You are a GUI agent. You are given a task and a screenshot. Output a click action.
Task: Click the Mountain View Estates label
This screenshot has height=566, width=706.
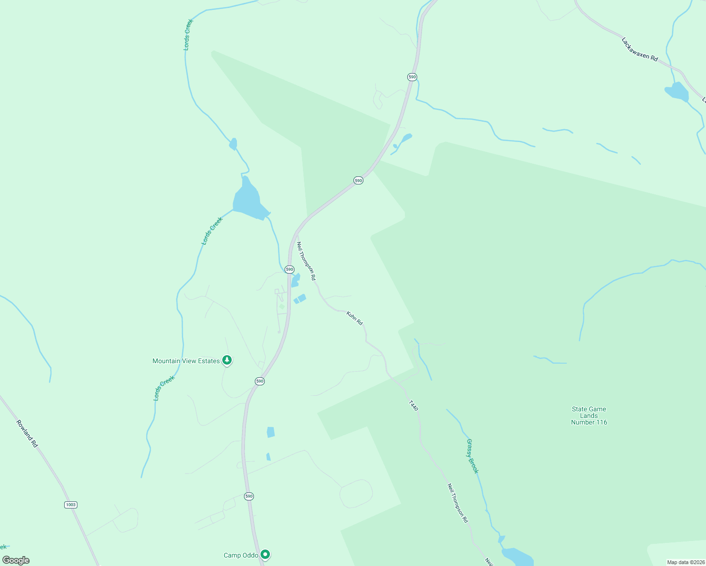click(186, 361)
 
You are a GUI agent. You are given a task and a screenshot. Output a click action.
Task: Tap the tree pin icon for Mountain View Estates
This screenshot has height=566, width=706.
click(227, 360)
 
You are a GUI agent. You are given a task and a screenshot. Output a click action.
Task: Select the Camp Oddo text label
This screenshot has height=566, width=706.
click(241, 555)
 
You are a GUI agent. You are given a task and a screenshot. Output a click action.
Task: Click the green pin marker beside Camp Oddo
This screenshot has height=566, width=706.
click(265, 554)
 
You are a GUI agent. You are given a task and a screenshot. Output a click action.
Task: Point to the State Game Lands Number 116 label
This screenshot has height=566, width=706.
click(589, 416)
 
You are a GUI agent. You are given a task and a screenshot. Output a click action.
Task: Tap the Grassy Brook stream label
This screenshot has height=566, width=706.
click(472, 456)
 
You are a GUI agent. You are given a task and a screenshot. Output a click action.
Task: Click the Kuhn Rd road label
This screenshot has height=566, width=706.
click(354, 318)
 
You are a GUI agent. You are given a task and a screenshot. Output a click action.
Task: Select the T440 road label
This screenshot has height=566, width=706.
click(413, 406)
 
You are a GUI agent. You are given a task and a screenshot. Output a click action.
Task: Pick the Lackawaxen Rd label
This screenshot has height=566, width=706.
click(639, 49)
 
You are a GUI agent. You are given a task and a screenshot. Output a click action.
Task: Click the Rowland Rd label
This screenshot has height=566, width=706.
click(27, 433)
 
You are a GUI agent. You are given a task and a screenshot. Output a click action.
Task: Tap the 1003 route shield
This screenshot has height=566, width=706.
click(70, 505)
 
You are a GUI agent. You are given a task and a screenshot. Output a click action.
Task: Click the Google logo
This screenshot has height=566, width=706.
click(16, 560)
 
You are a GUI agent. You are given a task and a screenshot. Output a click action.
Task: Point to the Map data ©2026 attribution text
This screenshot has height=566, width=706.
click(686, 562)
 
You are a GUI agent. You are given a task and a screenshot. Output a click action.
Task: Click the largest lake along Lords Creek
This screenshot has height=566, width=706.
click(248, 200)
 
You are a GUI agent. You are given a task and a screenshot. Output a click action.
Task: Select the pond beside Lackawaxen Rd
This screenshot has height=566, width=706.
click(677, 92)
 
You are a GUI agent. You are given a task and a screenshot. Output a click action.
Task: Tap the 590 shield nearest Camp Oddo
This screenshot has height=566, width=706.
click(249, 496)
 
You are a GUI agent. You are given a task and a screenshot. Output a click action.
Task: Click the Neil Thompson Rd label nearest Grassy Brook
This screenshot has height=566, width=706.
click(458, 503)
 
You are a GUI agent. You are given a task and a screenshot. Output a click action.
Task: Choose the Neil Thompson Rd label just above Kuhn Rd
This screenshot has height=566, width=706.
click(306, 261)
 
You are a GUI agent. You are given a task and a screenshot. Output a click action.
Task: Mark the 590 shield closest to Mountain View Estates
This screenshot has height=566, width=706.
click(260, 381)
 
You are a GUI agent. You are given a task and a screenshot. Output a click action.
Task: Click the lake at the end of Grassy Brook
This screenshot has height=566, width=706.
click(516, 557)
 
